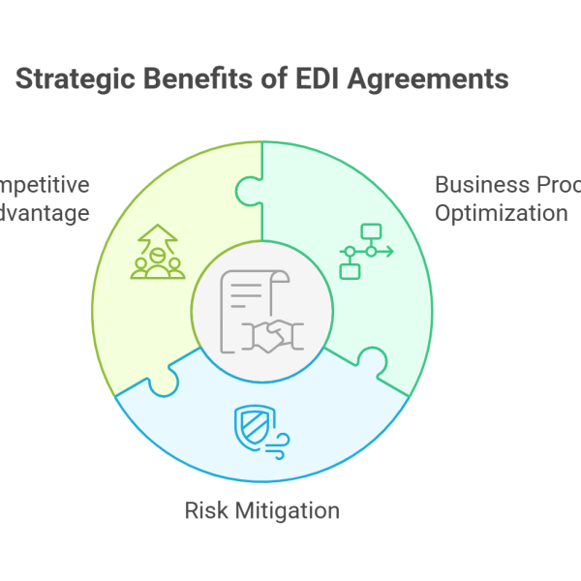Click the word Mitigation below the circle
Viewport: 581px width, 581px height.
[286, 509]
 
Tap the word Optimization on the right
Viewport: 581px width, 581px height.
[501, 213]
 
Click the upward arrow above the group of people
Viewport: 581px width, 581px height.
[157, 235]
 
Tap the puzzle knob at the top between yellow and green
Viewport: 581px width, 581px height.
[249, 189]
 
